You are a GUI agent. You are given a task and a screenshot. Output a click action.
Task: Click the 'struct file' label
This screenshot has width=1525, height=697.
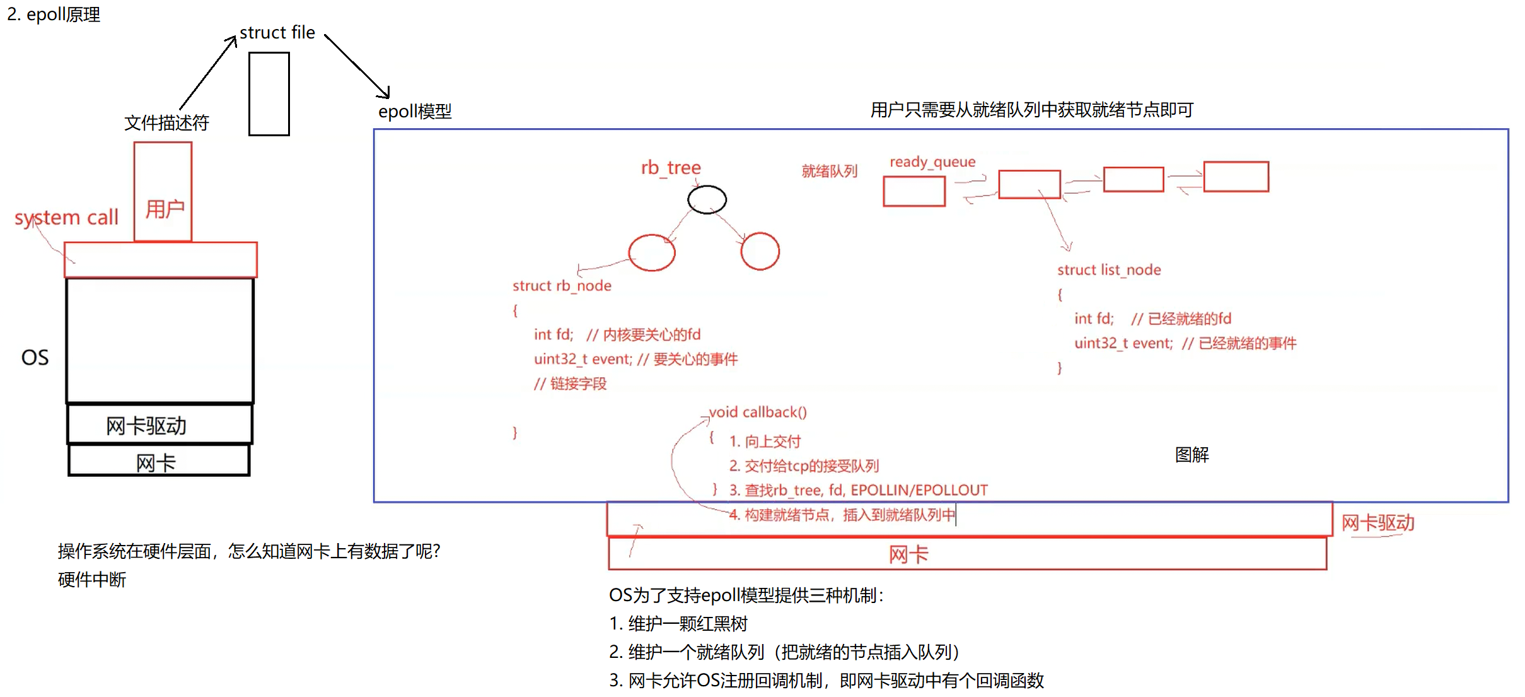(277, 33)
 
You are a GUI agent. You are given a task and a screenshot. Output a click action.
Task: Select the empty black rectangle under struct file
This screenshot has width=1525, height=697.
(269, 94)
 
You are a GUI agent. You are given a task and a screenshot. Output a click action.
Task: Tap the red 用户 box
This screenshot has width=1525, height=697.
(163, 192)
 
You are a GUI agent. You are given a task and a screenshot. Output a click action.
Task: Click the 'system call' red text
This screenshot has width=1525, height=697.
(66, 218)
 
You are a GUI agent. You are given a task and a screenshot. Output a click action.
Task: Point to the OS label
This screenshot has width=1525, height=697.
(35, 358)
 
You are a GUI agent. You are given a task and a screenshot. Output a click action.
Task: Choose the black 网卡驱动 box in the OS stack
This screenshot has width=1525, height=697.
(159, 425)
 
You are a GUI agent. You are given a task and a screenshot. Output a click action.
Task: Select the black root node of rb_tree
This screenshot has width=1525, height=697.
(707, 200)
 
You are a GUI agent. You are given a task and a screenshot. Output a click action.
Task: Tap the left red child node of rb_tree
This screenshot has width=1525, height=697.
(652, 253)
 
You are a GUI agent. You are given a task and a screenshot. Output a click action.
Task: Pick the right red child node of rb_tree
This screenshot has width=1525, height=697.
(760, 251)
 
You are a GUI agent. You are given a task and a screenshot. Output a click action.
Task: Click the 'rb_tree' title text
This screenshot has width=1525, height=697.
(671, 168)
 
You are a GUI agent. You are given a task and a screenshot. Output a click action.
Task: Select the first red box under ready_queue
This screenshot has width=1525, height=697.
(914, 191)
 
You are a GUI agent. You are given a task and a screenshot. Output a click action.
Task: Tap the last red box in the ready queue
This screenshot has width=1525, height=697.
(1236, 177)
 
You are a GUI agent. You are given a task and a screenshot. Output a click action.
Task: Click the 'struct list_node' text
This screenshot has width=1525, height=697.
(1109, 270)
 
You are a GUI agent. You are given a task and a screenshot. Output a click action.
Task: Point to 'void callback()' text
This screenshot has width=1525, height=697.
(758, 413)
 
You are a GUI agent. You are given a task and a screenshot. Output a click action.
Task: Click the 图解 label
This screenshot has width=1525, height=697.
(1192, 455)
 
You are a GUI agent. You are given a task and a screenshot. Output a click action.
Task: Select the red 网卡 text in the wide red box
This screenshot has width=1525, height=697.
(908, 554)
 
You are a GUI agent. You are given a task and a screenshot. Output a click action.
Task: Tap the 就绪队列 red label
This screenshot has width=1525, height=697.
(829, 171)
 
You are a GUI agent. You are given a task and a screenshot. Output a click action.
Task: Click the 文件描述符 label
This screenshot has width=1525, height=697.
(166, 123)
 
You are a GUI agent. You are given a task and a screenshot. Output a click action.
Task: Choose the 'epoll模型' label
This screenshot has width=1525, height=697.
(415, 112)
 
